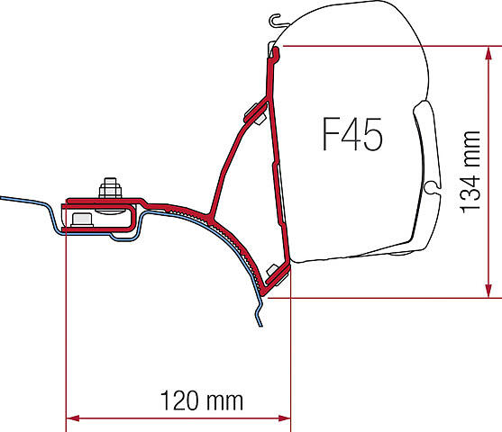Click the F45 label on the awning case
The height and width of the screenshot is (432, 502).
351,134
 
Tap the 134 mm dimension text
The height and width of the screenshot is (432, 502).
470,172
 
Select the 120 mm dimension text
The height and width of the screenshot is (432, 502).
202,400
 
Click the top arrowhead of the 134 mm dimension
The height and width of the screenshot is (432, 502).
488,53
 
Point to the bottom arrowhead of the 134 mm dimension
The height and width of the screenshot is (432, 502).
488,291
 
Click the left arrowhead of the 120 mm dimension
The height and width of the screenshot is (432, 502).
73,418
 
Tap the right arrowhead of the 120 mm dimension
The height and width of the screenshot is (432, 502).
284,418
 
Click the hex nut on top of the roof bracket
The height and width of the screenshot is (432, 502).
110,188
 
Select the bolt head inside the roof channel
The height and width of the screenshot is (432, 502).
82,220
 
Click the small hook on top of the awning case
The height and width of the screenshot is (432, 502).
278,21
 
